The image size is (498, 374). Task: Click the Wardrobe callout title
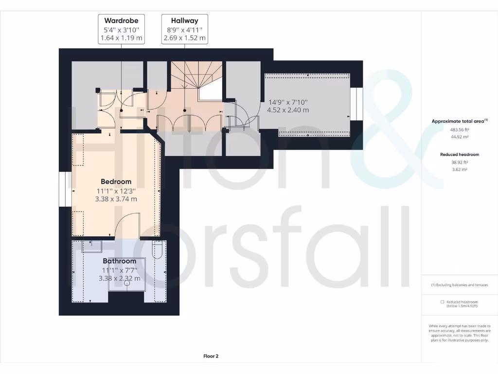121,20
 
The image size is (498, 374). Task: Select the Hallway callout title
184,20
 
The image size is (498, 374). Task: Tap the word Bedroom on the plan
116,182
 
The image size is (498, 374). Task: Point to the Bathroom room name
119,261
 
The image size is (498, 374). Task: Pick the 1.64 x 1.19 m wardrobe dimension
121,37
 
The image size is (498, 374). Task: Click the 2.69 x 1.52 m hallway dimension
184,37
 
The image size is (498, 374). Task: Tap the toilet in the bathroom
157,249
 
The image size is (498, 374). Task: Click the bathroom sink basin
91,246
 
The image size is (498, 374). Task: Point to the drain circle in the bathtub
127,282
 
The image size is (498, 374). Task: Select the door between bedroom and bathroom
127,226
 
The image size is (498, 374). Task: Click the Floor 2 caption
211,356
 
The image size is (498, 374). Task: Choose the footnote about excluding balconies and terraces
460,285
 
